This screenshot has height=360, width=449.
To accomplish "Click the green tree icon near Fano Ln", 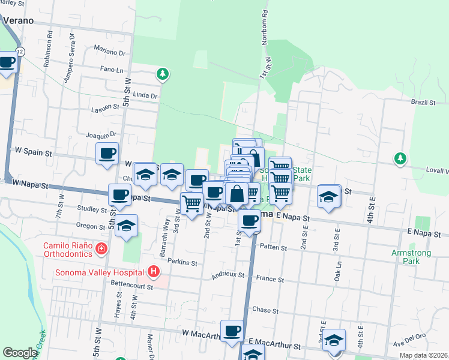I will (161, 74).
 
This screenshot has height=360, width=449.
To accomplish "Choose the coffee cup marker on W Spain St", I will (107, 154).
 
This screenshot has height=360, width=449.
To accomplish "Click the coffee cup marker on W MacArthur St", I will (231, 331).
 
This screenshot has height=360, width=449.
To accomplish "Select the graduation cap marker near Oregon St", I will (126, 226).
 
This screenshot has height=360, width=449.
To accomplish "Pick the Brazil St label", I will (423, 103).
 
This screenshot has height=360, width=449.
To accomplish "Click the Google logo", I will (20, 353).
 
